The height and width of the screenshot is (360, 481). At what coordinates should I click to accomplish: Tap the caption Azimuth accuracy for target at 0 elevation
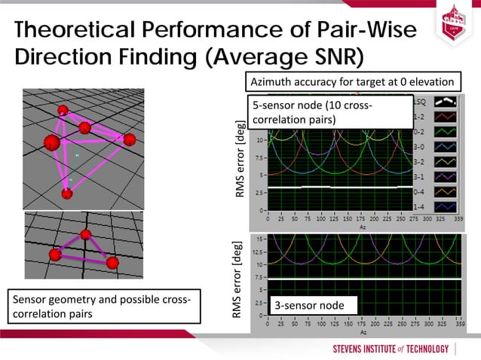[x=352, y=82]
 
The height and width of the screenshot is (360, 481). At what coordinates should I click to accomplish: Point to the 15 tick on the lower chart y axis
[x=259, y=238]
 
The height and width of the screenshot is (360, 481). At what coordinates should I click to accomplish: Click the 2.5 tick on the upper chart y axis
[x=258, y=193]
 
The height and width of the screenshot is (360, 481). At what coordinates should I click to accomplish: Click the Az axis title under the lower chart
[x=363, y=332]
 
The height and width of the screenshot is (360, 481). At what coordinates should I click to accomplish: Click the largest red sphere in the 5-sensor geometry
[x=52, y=142]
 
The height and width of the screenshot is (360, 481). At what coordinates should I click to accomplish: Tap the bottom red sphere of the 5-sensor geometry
[x=67, y=194]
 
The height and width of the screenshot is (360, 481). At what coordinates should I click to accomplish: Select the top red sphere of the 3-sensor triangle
[x=85, y=235]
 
